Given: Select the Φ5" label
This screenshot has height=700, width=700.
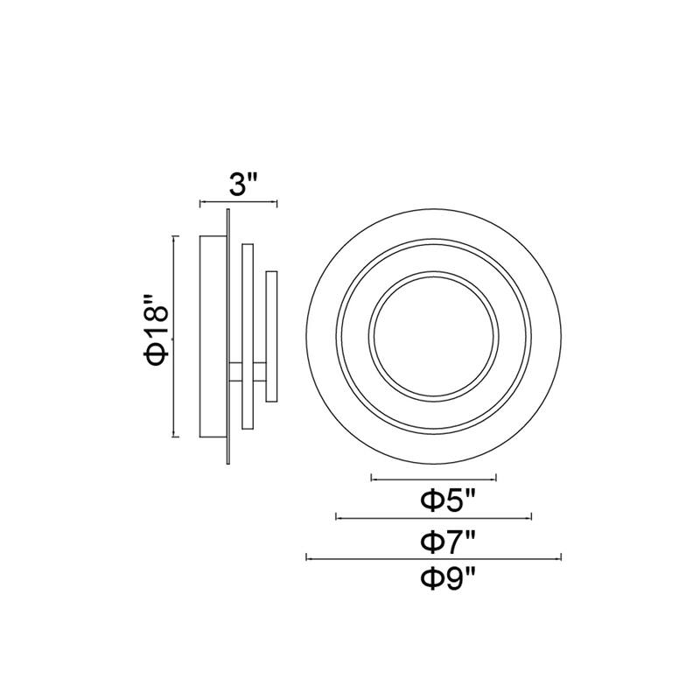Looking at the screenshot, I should coord(448,500).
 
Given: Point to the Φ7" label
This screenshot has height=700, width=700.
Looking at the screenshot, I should coord(448,540).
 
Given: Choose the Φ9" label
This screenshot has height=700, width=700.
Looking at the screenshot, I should coord(448,577).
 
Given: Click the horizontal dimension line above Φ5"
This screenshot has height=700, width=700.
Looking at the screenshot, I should coord(434,479).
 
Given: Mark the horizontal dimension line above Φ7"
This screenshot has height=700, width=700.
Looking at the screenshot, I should coord(434,518).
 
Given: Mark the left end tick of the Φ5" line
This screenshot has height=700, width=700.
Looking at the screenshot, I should coord(372,479).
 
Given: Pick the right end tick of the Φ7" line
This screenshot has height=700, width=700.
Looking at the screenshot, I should coord(531,518).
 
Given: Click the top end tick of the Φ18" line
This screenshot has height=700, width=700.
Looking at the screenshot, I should coord(175,235).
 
